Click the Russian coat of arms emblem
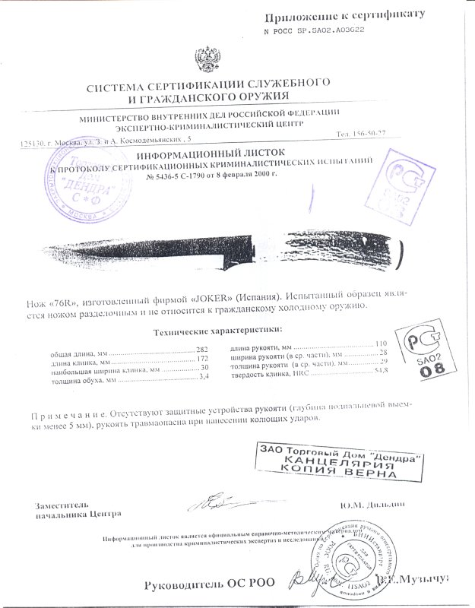[x=206, y=59]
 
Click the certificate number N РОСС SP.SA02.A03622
[x=314, y=32]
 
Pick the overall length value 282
[x=201, y=348]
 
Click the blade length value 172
[x=201, y=358]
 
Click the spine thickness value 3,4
[x=203, y=377]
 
